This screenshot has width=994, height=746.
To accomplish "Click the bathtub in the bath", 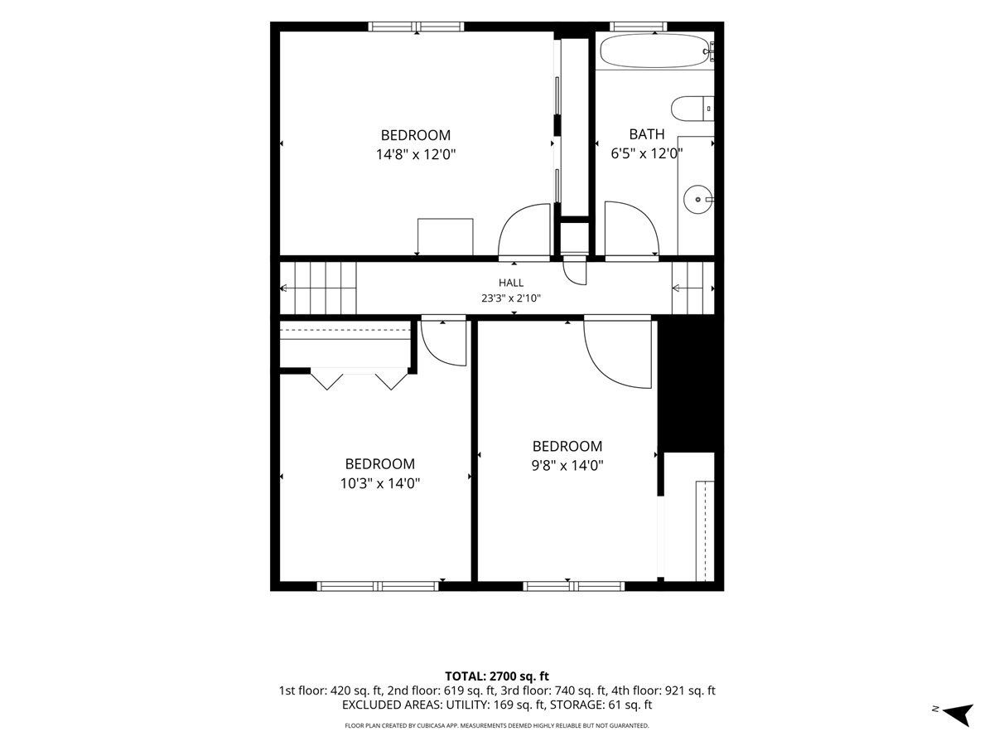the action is [x=656, y=51].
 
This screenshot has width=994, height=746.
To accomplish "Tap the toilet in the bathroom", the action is [x=692, y=109].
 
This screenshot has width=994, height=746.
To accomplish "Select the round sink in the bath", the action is [x=698, y=199].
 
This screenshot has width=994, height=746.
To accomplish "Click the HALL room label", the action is [x=511, y=283].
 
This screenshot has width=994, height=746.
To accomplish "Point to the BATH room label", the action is [x=647, y=134].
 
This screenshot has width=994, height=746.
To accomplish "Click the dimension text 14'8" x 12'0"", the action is [x=415, y=154].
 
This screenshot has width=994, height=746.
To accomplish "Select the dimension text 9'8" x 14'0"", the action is [x=567, y=466].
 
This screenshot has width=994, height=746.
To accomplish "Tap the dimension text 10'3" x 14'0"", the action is [x=380, y=483].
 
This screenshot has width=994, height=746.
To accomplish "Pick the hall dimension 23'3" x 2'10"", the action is [x=511, y=298].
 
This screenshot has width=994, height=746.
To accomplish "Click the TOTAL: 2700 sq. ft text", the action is [x=497, y=676].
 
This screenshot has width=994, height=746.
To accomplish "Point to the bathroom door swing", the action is [x=632, y=229].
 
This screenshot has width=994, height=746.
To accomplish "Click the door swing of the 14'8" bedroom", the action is [x=524, y=230].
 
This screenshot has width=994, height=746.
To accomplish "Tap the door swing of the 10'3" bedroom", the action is [x=444, y=343].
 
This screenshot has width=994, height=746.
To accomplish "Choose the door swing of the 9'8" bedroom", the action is [x=618, y=354].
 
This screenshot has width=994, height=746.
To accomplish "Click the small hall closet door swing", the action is [x=575, y=271].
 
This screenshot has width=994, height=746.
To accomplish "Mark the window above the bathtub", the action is [x=638, y=27].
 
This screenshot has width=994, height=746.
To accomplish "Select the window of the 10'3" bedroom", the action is [x=378, y=586].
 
